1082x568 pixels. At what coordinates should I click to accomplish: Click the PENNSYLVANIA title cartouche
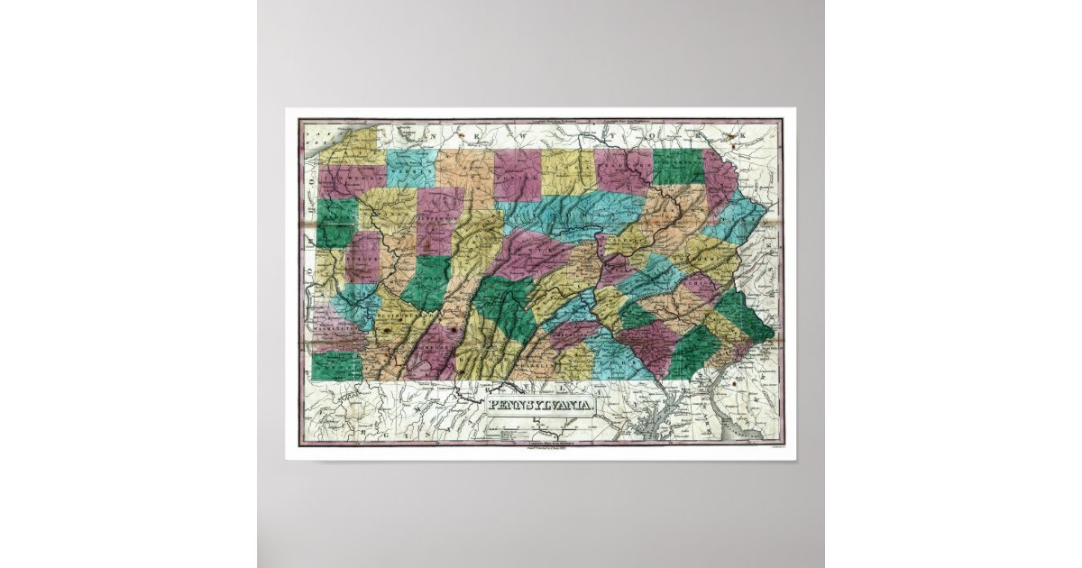541,405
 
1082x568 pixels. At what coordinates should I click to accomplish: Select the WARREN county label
412,169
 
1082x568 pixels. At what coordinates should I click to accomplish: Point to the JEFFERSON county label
439,218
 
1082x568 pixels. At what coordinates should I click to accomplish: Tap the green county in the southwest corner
335,365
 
